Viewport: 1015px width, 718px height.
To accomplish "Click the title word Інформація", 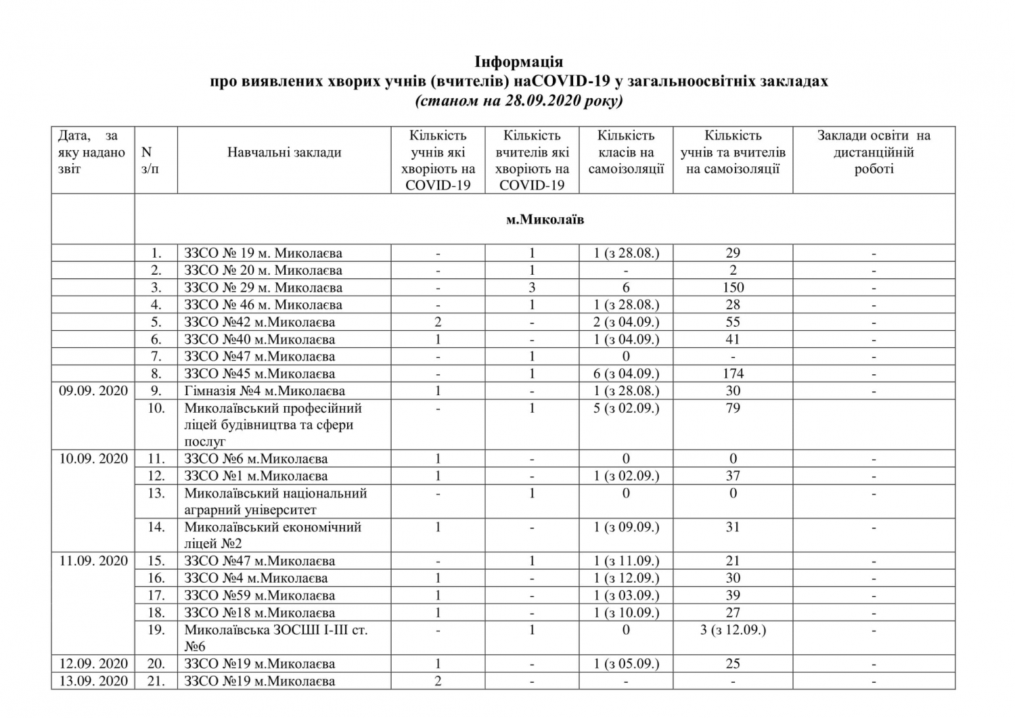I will [x=519, y=62].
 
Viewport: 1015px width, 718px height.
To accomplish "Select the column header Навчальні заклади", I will [x=284, y=152].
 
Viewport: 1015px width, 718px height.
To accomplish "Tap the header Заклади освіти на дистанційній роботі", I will [x=874, y=152].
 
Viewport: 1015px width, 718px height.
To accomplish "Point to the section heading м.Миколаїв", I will [x=545, y=220].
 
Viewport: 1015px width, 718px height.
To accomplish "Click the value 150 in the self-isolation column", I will [x=733, y=288].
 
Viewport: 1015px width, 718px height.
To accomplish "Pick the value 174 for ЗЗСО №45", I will [x=733, y=374].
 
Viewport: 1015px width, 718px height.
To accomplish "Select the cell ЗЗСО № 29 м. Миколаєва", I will [x=263, y=288].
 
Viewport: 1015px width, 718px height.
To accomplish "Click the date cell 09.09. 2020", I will [x=93, y=391].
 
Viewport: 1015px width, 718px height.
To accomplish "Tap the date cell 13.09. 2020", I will [x=93, y=681].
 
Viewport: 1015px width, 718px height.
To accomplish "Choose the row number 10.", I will [x=156, y=408].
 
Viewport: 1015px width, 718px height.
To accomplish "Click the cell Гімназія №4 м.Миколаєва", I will [x=265, y=391].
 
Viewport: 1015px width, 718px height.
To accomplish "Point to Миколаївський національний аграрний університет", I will [x=275, y=501].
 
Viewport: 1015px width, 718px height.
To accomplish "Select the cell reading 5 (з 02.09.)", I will [x=626, y=408].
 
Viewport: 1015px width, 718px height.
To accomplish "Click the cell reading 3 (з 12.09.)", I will [x=733, y=630].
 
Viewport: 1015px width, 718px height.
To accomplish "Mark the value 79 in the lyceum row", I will [x=733, y=408].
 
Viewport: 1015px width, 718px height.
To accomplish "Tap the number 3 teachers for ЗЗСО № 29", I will [x=532, y=288].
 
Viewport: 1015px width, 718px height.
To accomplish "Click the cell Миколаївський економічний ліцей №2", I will [x=273, y=535].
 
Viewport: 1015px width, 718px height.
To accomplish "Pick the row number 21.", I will [x=156, y=681].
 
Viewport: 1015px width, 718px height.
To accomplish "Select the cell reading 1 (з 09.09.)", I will [x=626, y=527].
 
